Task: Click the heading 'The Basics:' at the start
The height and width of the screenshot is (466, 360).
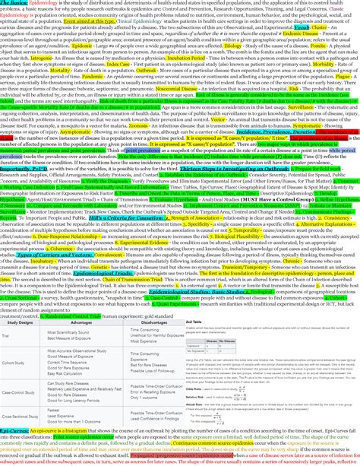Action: click(x=13, y=3)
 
